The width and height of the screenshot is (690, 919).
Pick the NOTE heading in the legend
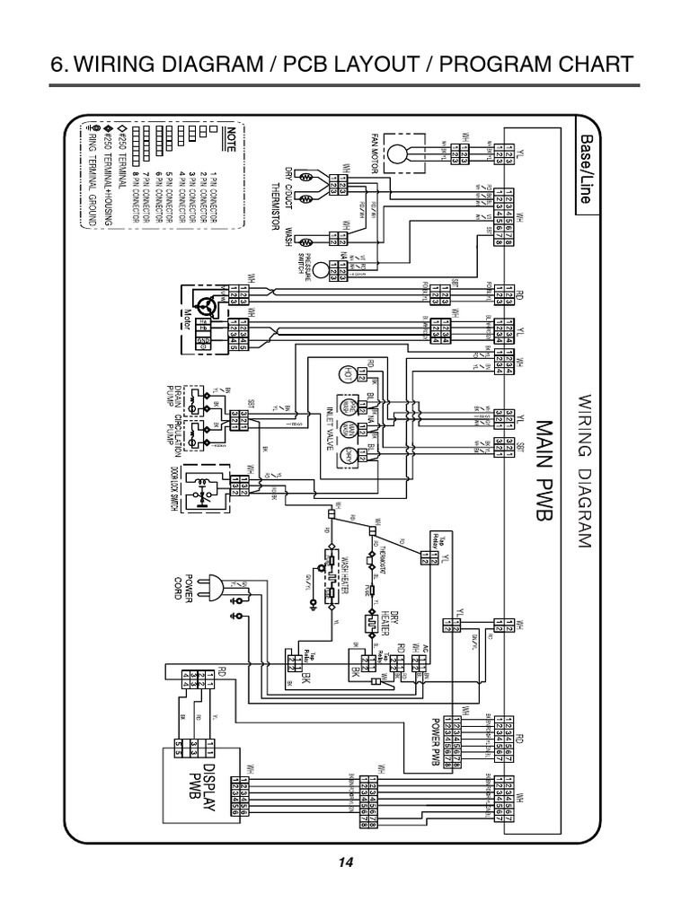230,143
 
